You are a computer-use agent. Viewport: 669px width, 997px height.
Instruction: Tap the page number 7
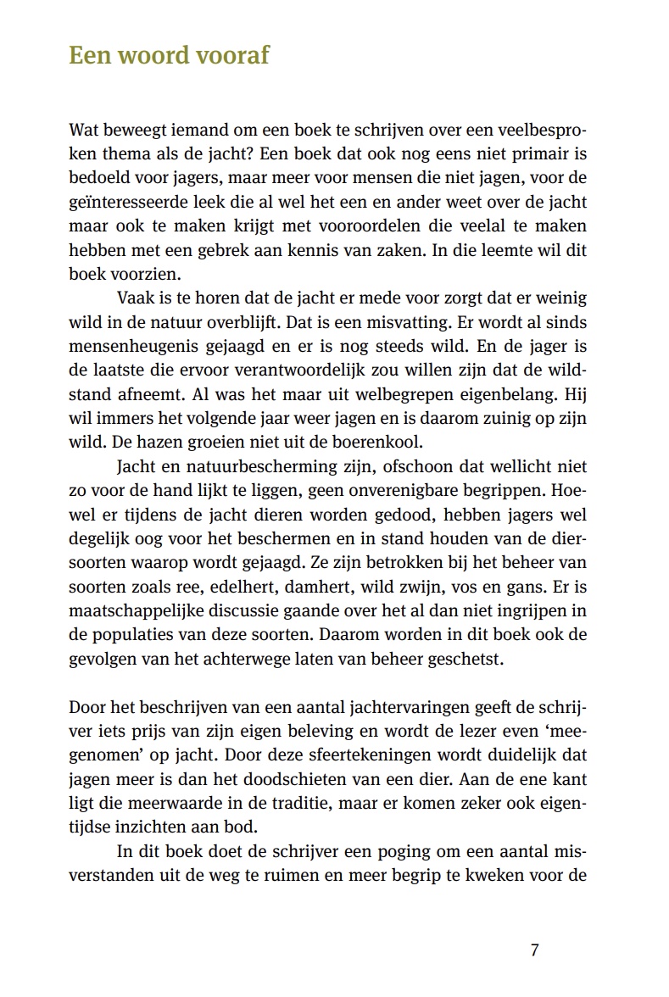pos(534,949)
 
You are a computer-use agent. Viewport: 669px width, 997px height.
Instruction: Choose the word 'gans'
pos(524,585)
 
